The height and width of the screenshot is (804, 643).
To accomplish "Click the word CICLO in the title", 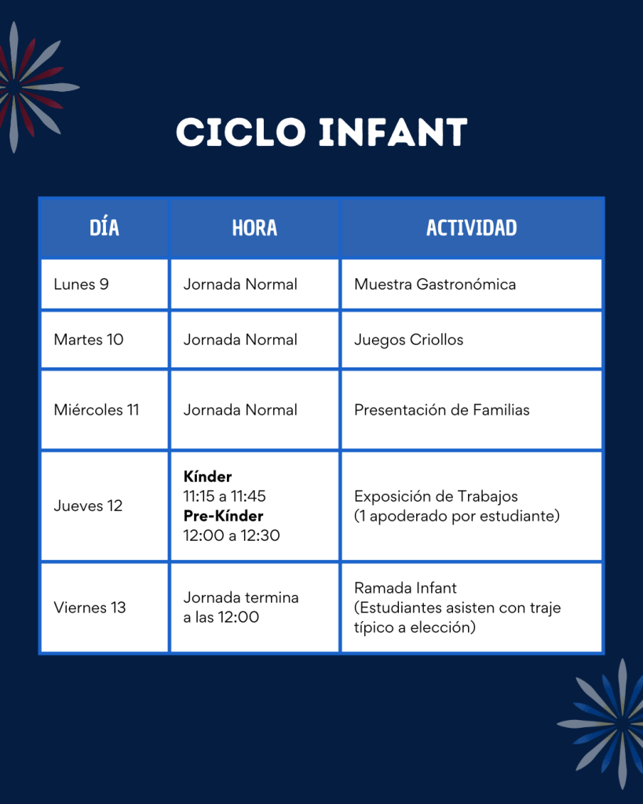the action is [241, 132].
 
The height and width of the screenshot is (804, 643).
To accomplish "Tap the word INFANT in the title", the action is [393, 132].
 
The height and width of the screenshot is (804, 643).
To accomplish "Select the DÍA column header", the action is [104, 228].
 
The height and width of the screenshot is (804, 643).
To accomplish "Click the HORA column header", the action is [254, 228].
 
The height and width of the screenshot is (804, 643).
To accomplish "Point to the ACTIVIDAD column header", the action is [471, 228].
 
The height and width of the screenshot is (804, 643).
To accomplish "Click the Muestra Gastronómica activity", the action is [435, 284].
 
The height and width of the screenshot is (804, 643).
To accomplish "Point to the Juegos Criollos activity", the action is [409, 340].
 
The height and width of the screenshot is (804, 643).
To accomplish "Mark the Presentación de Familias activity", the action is [441, 410].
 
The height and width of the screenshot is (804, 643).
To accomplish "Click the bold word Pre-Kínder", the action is [223, 515].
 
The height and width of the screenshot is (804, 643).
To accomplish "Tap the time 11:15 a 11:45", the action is [225, 496].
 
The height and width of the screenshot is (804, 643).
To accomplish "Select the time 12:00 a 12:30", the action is [232, 535].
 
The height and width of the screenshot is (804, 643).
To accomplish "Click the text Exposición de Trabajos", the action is [436, 496].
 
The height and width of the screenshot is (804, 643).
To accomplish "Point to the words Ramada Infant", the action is [405, 587].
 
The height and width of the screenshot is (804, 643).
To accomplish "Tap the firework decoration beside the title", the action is [31, 87].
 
